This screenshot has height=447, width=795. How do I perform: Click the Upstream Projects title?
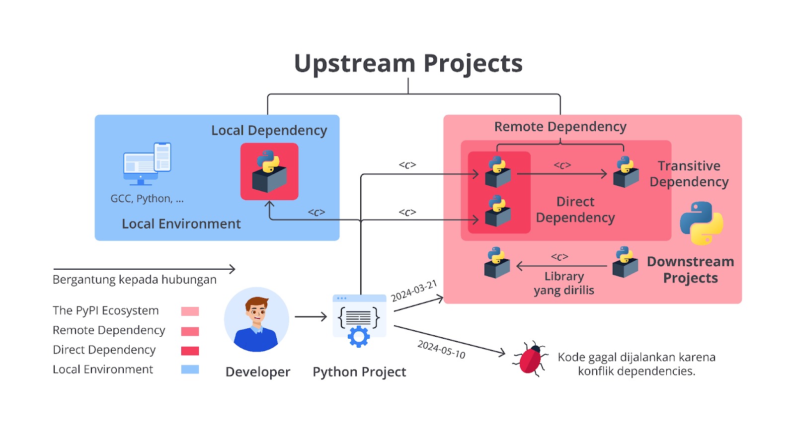[408, 64]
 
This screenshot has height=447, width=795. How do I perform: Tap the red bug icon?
[530, 359]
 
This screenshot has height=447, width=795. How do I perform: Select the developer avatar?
[256, 319]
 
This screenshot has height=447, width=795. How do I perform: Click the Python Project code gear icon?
[359, 321]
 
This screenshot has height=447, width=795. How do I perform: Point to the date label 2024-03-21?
[413, 291]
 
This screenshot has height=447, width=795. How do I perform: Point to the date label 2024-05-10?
[441, 349]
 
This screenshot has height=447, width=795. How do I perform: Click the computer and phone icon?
[147, 163]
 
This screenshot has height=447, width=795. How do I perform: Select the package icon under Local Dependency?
[269, 171]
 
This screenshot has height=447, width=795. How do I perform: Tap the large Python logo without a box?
[701, 223]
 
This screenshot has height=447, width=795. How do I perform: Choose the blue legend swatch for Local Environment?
[190, 370]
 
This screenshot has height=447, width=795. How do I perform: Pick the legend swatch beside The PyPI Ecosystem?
[190, 311]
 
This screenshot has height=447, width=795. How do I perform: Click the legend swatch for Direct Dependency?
[190, 351]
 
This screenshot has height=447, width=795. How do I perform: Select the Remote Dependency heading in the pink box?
[560, 127]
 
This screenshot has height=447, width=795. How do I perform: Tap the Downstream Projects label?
[690, 270]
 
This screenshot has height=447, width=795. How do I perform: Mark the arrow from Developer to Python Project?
[311, 316]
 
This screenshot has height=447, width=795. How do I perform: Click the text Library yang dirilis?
[564, 283]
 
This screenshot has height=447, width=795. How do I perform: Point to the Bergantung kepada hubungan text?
[135, 280]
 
